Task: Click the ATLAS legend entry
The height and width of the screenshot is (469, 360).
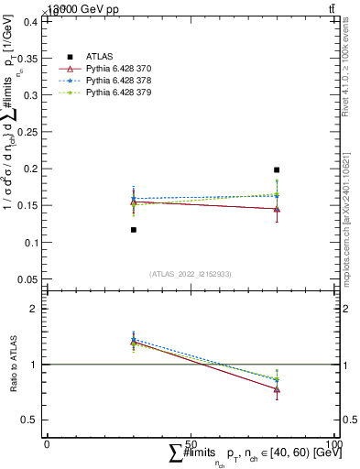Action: click(x=98, y=56)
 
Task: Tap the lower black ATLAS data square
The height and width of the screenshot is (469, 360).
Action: click(x=134, y=230)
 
